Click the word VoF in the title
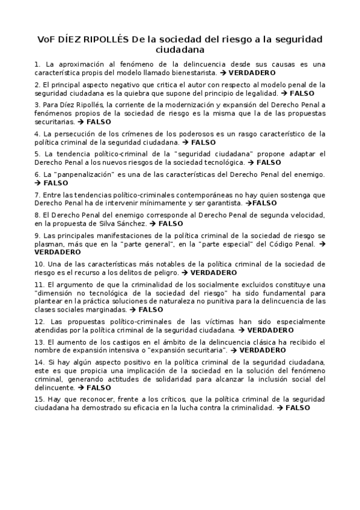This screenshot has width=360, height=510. tap(47, 40)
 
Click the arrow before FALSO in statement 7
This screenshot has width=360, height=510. tap(249, 203)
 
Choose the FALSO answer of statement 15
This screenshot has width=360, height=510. tap(297, 408)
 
